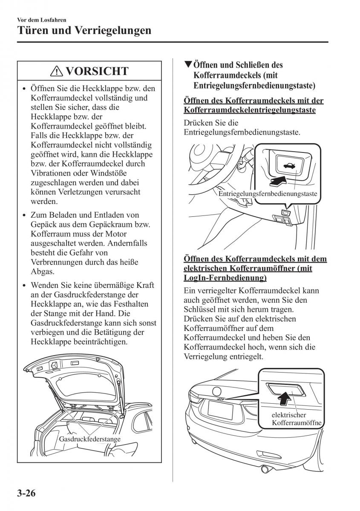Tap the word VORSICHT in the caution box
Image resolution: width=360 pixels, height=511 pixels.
pos(97,71)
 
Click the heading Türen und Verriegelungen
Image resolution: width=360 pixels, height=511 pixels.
pos(84,31)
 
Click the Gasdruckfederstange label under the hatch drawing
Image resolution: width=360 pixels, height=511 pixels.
pos(89,439)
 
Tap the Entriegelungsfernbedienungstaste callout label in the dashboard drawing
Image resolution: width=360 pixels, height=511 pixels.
pos(268,194)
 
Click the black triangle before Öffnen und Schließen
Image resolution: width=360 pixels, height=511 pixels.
pos(188,65)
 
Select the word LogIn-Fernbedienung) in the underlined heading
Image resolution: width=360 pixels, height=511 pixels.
pos(225,278)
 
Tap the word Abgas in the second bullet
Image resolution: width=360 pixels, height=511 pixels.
pos(41,271)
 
